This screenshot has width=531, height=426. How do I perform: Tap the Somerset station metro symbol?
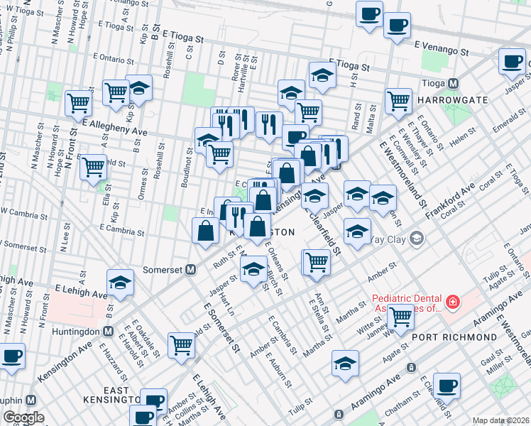click(x=190, y=270)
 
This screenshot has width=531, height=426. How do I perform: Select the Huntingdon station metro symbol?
click(x=109, y=331)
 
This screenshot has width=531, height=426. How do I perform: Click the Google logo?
click(x=24, y=417)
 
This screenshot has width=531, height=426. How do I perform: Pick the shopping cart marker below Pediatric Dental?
click(x=400, y=316)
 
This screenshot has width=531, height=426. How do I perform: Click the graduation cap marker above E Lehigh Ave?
click(x=121, y=283)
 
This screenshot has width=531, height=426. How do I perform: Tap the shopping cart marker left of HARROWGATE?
click(x=398, y=100)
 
